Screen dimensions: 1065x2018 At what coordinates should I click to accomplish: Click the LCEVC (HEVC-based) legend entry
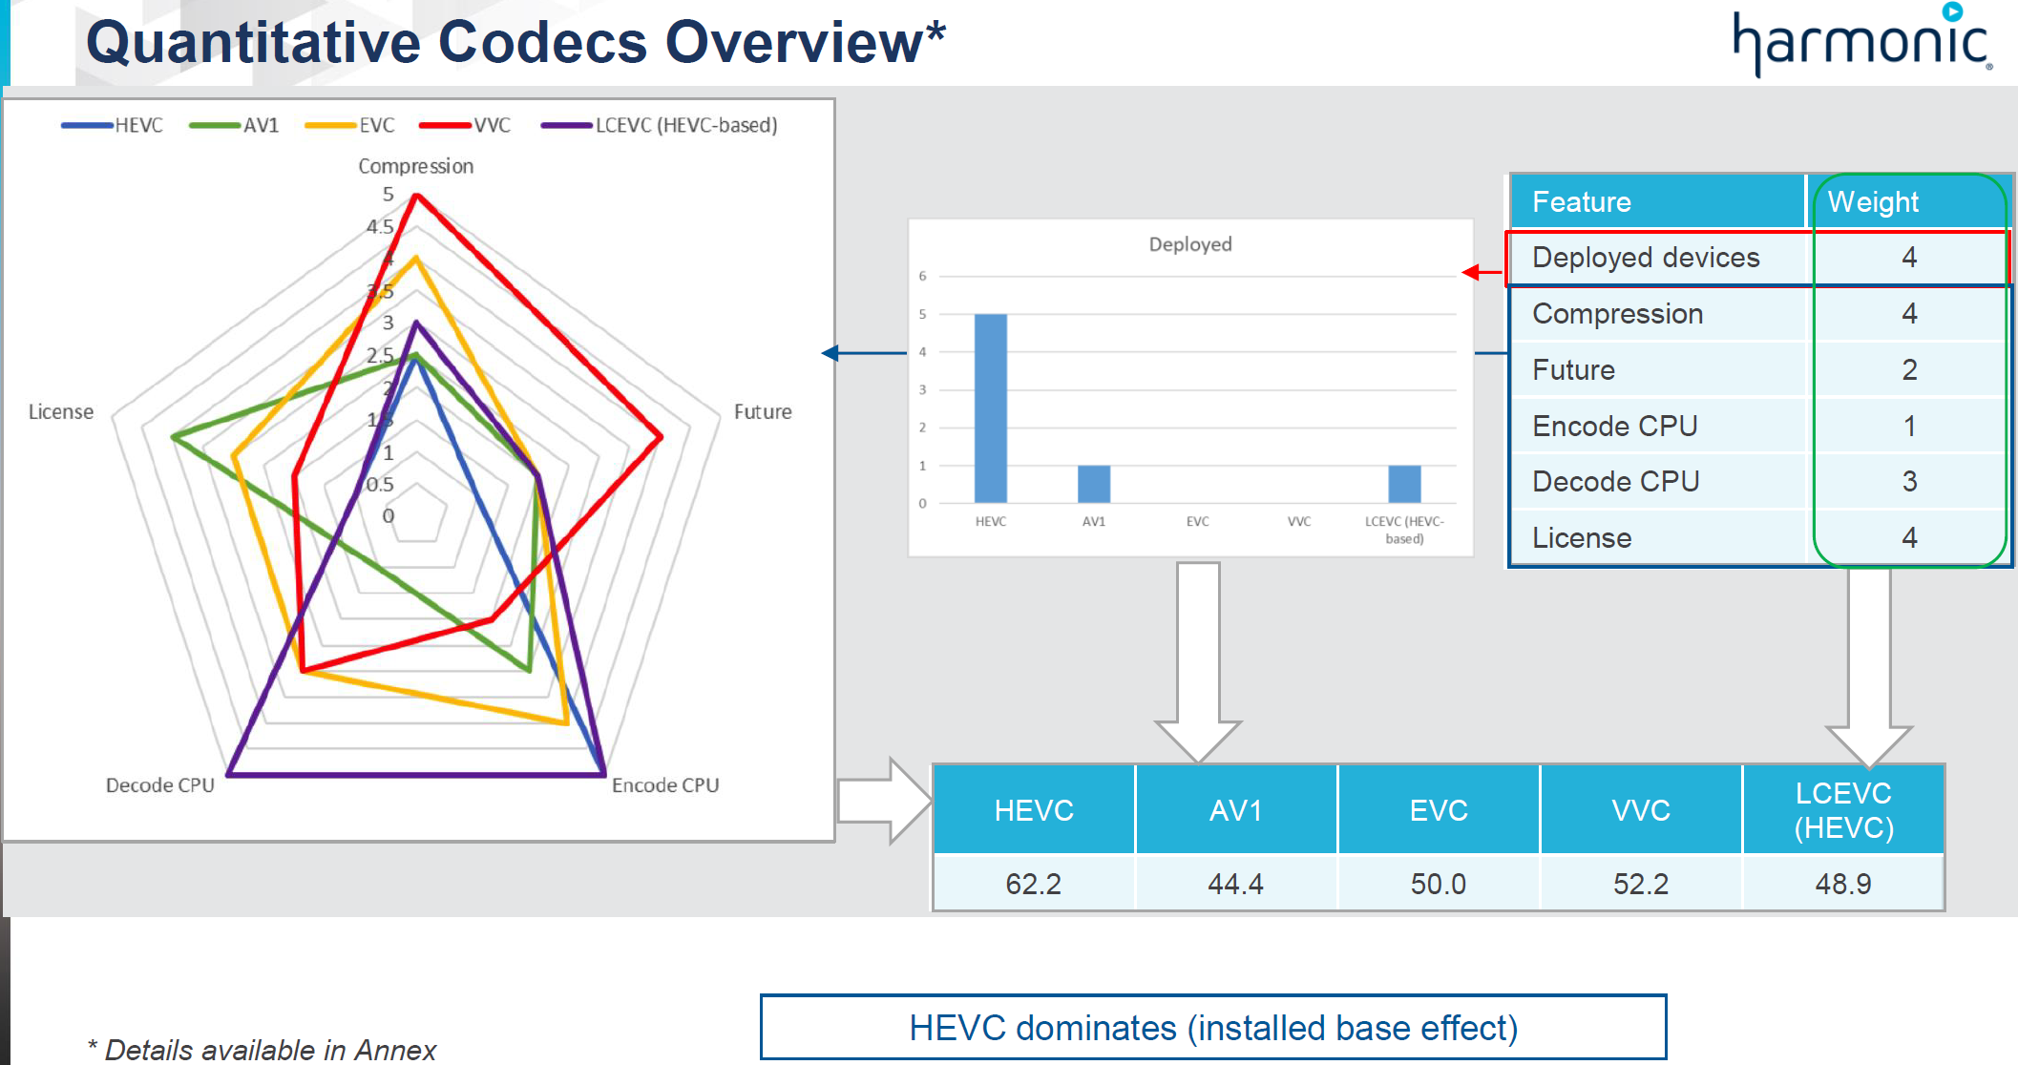point(660,125)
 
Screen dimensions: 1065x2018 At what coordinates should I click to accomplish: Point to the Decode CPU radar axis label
point(159,785)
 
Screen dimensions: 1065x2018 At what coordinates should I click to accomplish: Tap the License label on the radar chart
point(61,411)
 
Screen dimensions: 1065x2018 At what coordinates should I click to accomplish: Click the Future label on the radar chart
point(762,411)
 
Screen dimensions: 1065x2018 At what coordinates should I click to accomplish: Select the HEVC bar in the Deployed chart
point(990,408)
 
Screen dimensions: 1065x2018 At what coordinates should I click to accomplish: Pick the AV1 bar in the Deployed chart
point(1093,484)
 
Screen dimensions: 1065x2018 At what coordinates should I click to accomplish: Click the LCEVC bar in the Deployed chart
point(1403,484)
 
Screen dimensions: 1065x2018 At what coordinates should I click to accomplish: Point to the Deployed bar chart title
point(1189,244)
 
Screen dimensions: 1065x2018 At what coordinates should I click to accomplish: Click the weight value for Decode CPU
point(1909,481)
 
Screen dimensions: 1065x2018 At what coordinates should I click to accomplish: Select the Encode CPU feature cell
point(1614,426)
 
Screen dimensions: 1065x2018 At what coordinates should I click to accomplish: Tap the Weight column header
point(1872,201)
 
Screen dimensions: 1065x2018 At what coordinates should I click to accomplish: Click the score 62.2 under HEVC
point(1033,884)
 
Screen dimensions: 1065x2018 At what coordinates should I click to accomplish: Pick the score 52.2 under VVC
point(1640,884)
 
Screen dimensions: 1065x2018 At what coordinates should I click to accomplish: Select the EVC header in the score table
point(1438,810)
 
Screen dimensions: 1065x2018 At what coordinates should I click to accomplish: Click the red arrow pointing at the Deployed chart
point(1482,273)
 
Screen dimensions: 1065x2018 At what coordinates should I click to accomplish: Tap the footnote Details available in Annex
point(262,1050)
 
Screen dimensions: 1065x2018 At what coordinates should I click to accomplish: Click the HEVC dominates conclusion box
point(1212,1028)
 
